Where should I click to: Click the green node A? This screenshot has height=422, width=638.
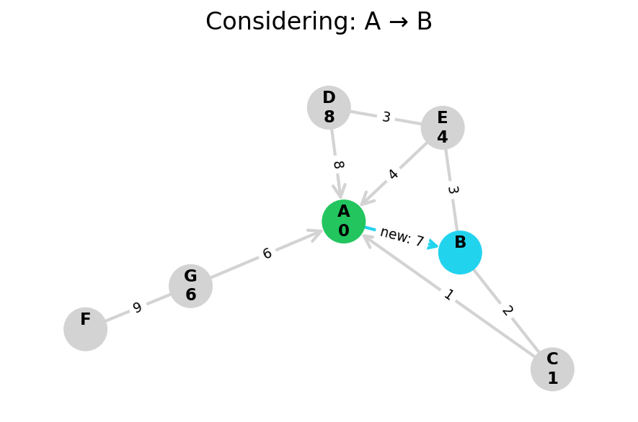pyautogui.click(x=343, y=221)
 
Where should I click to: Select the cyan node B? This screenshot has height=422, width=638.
pyautogui.click(x=460, y=252)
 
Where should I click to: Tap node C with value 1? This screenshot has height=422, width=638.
pyautogui.click(x=552, y=369)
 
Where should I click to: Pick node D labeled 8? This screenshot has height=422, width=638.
pyautogui.click(x=329, y=107)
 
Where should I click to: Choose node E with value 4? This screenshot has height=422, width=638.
pyautogui.click(x=443, y=127)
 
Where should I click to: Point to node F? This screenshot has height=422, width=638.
pyautogui.click(x=85, y=329)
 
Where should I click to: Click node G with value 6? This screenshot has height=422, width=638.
pyautogui.click(x=190, y=286)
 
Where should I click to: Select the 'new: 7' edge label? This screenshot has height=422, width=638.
pyautogui.click(x=402, y=236)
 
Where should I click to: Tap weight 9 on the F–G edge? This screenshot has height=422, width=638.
pyautogui.click(x=137, y=308)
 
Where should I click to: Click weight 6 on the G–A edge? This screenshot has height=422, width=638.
pyautogui.click(x=267, y=253)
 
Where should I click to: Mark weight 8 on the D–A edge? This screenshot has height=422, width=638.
pyautogui.click(x=337, y=165)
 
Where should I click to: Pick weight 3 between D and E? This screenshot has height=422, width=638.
pyautogui.click(x=386, y=117)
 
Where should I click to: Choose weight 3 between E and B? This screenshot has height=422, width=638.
pyautogui.click(x=452, y=190)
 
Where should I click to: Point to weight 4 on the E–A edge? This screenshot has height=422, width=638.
pyautogui.click(x=393, y=174)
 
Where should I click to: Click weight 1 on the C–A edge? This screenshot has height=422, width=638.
pyautogui.click(x=448, y=295)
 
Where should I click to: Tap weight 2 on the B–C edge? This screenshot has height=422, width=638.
pyautogui.click(x=507, y=310)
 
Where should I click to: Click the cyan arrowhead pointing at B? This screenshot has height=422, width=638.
pyautogui.click(x=433, y=245)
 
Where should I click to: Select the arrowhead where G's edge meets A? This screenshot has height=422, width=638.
pyautogui.click(x=316, y=233)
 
